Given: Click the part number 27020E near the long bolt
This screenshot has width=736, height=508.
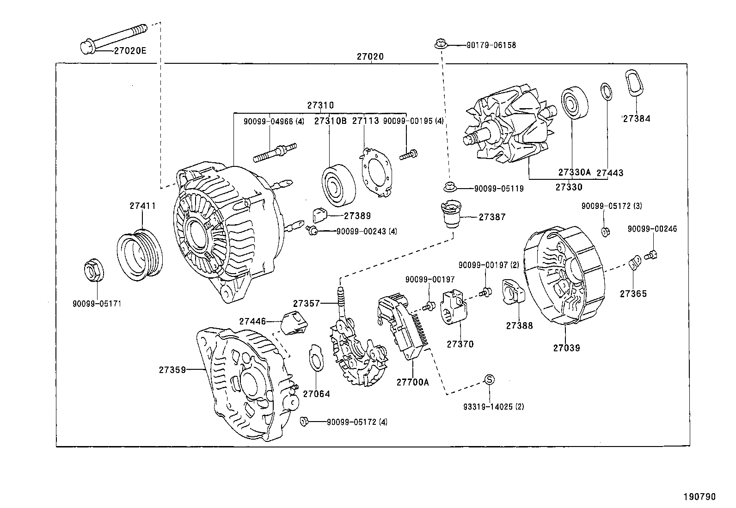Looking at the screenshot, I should (130, 50).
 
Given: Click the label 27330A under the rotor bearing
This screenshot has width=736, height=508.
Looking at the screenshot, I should (574, 172).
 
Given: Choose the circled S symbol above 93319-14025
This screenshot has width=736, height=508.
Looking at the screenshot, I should (489, 379).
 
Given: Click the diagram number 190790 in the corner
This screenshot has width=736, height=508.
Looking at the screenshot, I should (699, 497).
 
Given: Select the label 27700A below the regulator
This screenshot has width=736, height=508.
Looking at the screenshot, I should (412, 382).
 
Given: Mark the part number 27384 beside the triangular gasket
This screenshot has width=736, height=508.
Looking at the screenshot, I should (636, 118).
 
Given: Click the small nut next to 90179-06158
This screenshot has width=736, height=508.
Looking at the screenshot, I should (440, 44).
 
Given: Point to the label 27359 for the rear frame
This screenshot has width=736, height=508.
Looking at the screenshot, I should (172, 369).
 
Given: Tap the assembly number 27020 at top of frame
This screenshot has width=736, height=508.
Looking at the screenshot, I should (370, 57).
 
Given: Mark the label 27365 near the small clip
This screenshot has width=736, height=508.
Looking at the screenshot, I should (633, 294).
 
